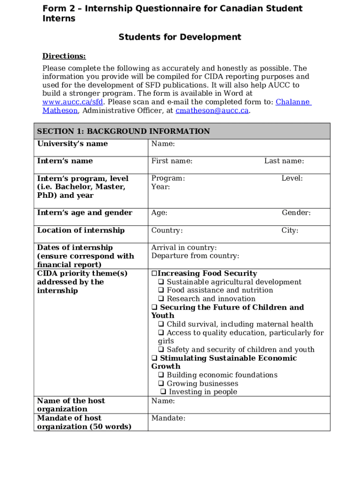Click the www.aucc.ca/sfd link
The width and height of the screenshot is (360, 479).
click(72, 102)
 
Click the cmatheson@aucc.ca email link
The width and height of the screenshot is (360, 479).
click(212, 110)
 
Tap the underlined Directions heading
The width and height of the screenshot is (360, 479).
click(64, 56)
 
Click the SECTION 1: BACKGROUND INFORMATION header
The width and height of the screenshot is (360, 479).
click(123, 131)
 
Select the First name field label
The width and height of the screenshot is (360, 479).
click(172, 161)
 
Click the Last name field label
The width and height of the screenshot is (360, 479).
click(284, 161)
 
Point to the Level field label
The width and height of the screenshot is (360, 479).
click(292, 178)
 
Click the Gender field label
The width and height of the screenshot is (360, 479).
click(296, 213)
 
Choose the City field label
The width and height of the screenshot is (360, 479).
click(289, 230)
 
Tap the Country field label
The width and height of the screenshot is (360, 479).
click(167, 230)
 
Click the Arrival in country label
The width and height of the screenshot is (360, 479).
click(184, 247)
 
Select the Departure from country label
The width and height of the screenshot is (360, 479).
click(195, 256)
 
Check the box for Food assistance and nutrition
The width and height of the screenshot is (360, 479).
click(161, 290)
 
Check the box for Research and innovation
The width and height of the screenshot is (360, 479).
click(161, 299)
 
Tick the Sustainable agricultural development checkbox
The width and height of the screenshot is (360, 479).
click(161, 282)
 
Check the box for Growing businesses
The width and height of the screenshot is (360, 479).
click(161, 384)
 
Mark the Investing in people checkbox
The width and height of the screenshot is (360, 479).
click(163, 392)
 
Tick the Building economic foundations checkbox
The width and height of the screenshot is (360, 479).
click(161, 375)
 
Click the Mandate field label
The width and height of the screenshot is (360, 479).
click(168, 418)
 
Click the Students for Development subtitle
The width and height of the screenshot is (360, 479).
click(180, 37)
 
